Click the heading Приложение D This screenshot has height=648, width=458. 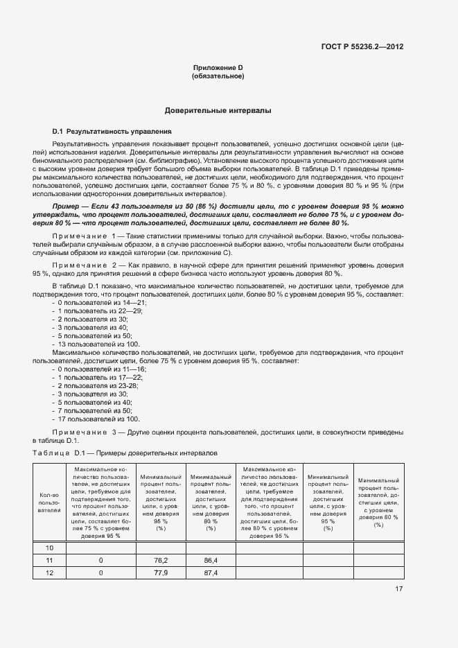pyautogui.click(x=218, y=67)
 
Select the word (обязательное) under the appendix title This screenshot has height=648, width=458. pyautogui.click(x=218, y=76)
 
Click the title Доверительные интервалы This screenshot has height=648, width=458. pyautogui.click(x=218, y=111)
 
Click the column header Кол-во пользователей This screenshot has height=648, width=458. pyautogui.click(x=49, y=502)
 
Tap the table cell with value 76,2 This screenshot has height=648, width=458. pyautogui.click(x=161, y=560)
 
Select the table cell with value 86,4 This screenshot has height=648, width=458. pyautogui.click(x=211, y=560)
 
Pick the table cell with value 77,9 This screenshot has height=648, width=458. pyautogui.click(x=161, y=573)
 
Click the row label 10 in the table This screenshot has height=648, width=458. pyautogui.click(x=49, y=548)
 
